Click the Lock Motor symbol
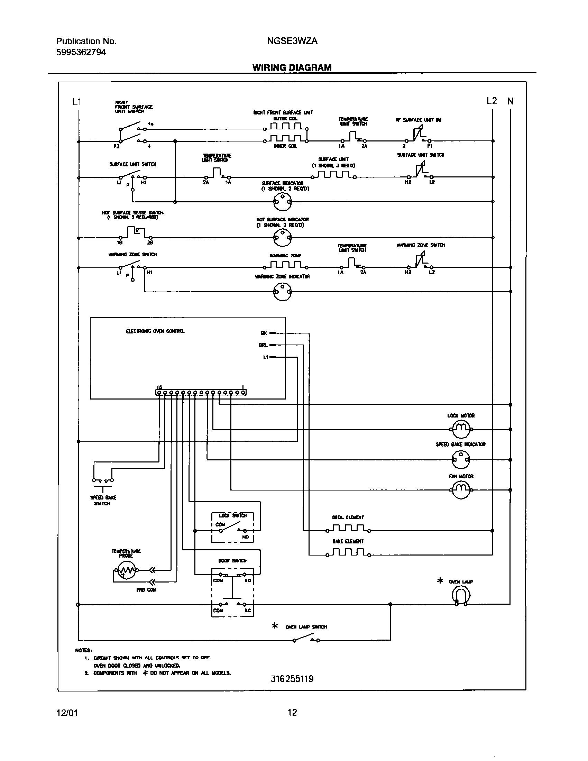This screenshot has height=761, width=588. pyautogui.click(x=461, y=429)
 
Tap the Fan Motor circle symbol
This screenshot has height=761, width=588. pyautogui.click(x=461, y=490)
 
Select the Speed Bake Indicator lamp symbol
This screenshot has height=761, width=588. pyautogui.click(x=461, y=460)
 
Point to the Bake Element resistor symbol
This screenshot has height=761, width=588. pyautogui.click(x=348, y=553)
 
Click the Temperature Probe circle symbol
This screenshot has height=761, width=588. pyautogui.click(x=126, y=570)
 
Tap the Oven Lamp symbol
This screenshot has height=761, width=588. pyautogui.click(x=461, y=595)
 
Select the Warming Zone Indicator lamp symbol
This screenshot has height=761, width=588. pyautogui.click(x=282, y=291)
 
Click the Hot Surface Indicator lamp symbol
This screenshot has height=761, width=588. pyautogui.click(x=282, y=238)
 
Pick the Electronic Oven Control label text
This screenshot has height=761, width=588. pyautogui.click(x=155, y=331)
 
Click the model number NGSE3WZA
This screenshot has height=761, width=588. pyautogui.click(x=292, y=41)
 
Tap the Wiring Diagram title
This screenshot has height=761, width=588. pyautogui.click(x=292, y=67)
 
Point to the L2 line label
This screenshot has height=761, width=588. pyautogui.click(x=491, y=101)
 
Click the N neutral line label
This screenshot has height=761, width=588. pyautogui.click(x=510, y=101)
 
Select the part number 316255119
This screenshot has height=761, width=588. pyautogui.click(x=292, y=679)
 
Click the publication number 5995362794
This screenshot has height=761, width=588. pyautogui.click(x=81, y=52)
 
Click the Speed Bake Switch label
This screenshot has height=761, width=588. pyautogui.click(x=103, y=501)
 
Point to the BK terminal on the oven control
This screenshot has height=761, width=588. pyautogui.click(x=264, y=333)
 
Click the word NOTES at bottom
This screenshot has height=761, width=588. pyautogui.click(x=84, y=650)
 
